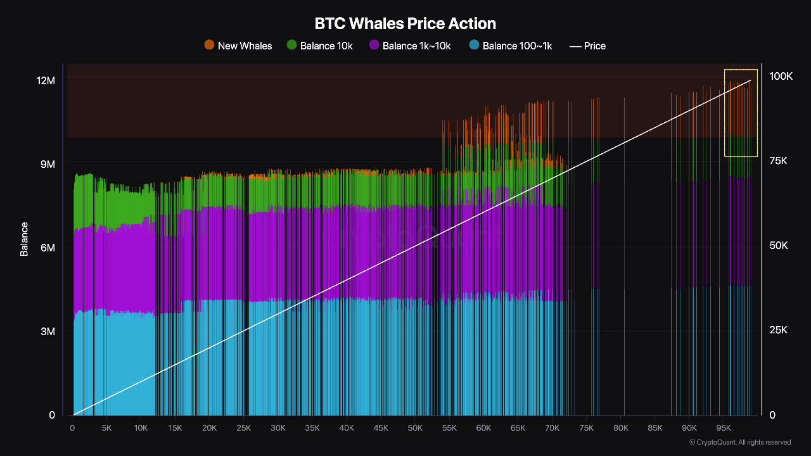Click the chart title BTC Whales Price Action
405,23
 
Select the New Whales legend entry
245,46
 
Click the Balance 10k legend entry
326,46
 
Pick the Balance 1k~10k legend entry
416,46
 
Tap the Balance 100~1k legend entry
517,46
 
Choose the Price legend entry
594,46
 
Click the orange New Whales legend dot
209,45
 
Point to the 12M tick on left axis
46,80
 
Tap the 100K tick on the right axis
781,76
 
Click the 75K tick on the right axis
777,161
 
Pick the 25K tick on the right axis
777,331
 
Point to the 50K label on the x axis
415,428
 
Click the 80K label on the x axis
620,428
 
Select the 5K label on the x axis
106,428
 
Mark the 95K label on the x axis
723,428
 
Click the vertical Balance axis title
24,239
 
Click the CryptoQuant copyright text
740,442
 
